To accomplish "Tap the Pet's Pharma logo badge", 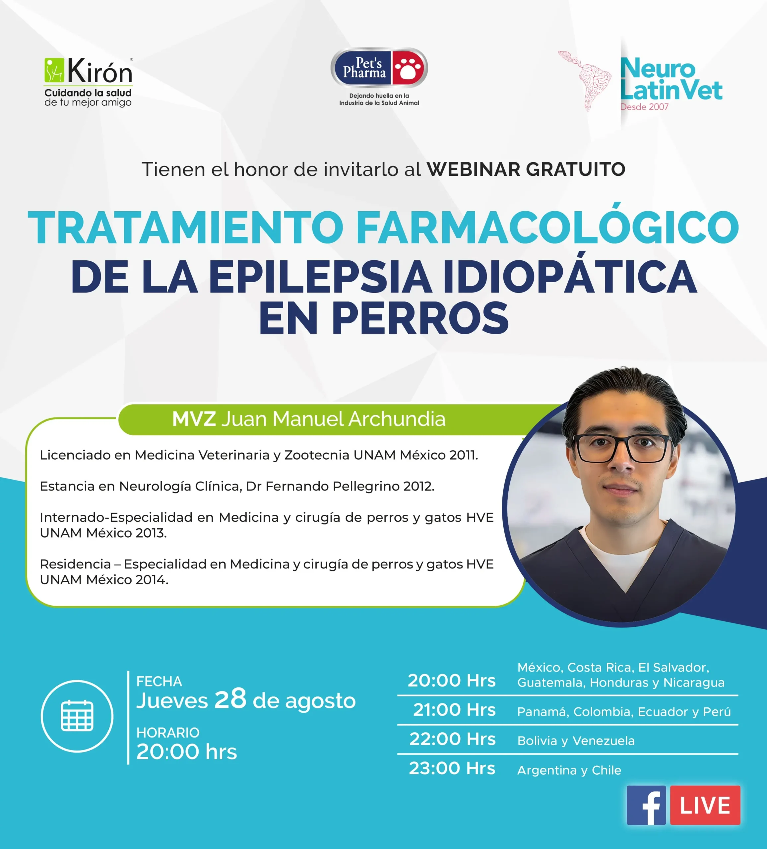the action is point(379,68).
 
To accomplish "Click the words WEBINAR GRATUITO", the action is point(526,169).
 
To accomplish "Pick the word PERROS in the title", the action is point(420,318).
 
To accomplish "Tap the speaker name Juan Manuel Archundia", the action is point(333,419).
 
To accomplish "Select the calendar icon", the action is point(77,716).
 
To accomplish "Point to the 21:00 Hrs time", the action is point(454,710).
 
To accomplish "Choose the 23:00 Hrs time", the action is point(452,768).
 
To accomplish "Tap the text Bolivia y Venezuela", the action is point(576,741).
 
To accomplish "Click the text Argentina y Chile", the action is point(569,770).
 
